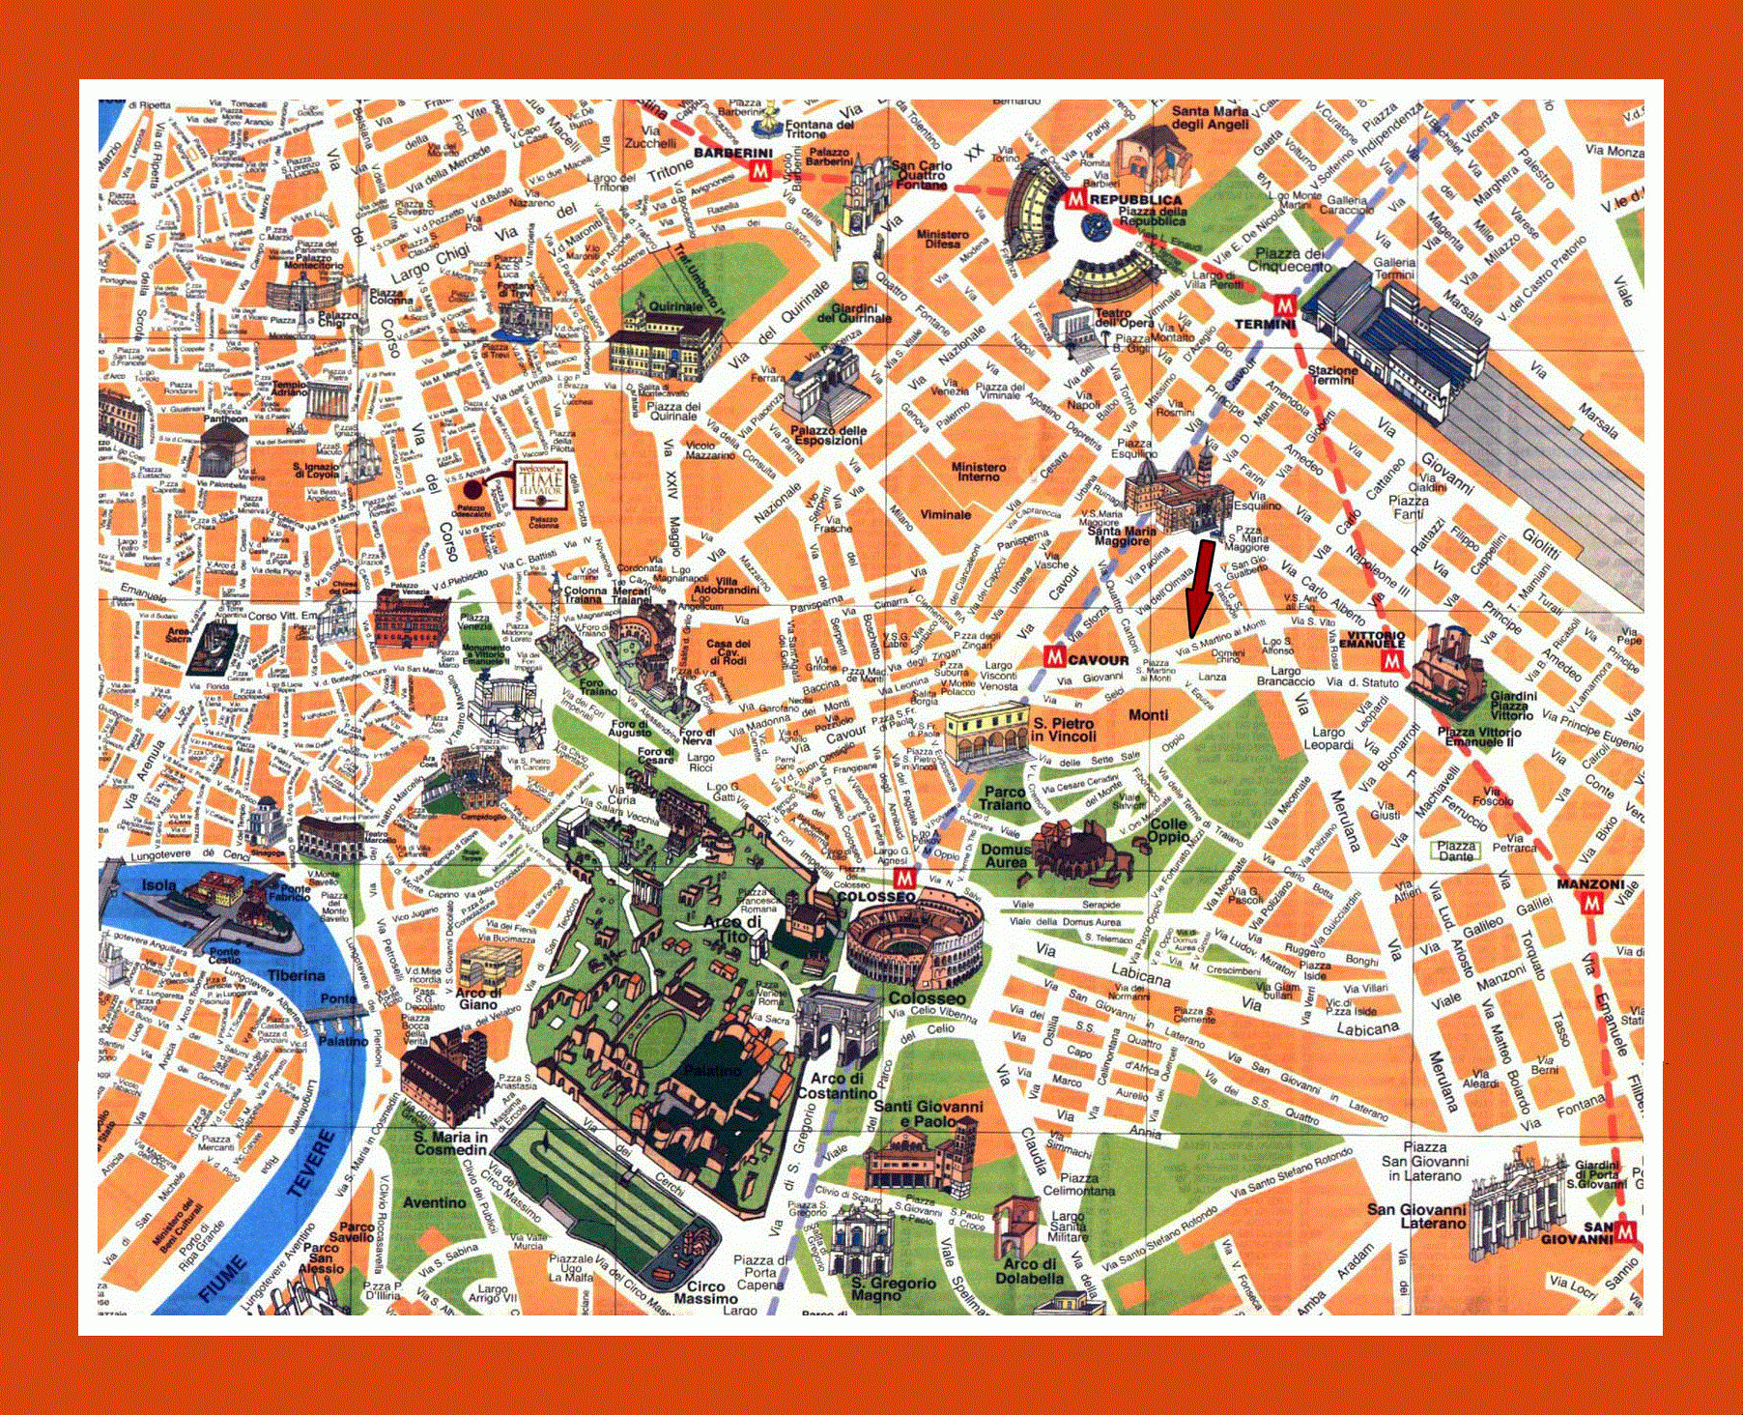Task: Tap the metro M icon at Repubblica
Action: [1075, 199]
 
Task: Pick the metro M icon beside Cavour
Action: [1055, 658]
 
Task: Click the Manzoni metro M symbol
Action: [1590, 903]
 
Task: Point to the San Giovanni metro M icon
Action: [1625, 1231]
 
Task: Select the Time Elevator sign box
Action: [539, 483]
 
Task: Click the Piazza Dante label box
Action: [1456, 851]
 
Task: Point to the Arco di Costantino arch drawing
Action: [838, 1026]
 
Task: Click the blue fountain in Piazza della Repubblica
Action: [1095, 229]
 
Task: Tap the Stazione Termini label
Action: [1332, 375]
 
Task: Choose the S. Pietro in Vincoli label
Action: [1063, 729]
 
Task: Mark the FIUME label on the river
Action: [220, 1278]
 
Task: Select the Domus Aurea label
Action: [1006, 855]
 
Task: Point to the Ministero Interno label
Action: [979, 472]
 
